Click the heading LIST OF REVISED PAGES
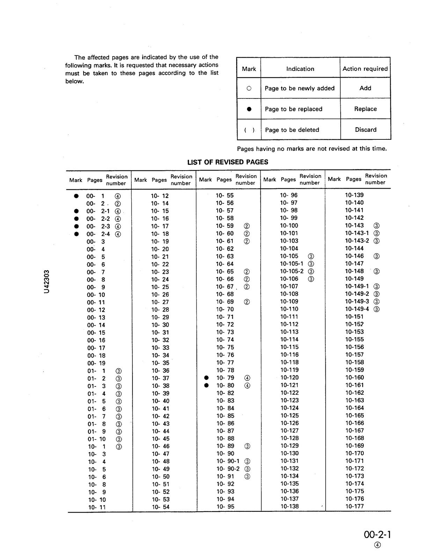coord(227,162)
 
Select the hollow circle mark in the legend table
coord(249,88)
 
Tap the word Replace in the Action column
coord(365,109)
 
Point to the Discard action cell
coord(365,130)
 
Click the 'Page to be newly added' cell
coord(299,88)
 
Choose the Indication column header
coord(300,69)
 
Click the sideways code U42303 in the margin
coord(47,282)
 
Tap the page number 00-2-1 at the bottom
coord(377,535)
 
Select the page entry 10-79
coord(225,378)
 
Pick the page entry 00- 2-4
coord(98,234)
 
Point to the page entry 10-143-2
coord(357,241)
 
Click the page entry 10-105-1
coord(291,264)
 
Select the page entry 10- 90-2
coord(228,469)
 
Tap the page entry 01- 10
coord(96,439)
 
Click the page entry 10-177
coord(354,506)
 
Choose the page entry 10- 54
coord(160,507)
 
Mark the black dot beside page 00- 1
coord(76,196)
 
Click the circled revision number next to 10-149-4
coord(377,309)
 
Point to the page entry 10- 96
coord(289,195)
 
